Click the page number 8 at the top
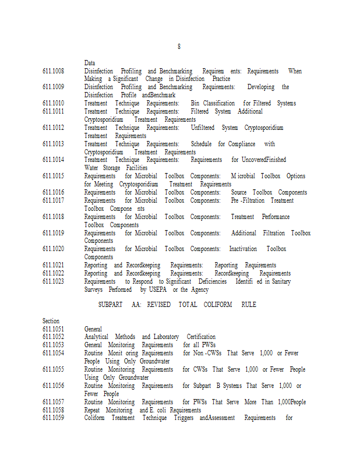[179, 46]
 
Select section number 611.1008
[53, 71]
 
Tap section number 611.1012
[53, 128]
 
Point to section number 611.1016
[53, 192]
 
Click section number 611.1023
[53, 281]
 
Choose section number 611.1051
[53, 329]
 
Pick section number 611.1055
[53, 369]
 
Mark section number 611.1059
[53, 418]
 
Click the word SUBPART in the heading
[110, 305]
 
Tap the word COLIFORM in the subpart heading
[218, 305]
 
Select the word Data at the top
[90, 63]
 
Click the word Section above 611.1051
[51, 321]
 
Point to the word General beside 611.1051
[93, 329]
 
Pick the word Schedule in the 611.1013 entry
[201, 144]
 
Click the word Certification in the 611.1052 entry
[201, 337]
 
